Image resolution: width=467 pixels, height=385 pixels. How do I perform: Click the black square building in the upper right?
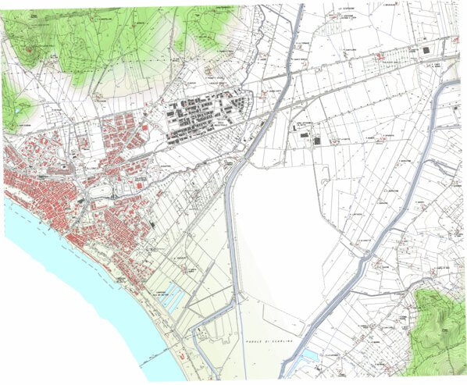(426, 51)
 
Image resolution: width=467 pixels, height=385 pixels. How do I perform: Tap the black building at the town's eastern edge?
(154, 225)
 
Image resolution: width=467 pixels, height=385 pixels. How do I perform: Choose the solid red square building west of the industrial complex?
(145, 114)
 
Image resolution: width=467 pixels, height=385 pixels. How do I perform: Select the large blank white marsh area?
(281, 234)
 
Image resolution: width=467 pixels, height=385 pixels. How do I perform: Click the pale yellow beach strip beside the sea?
(156, 328)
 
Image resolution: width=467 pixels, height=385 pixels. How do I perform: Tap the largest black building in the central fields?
(316, 141)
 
